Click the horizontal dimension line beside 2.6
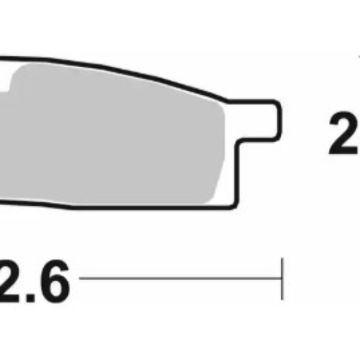click(180, 278)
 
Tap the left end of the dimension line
click(81, 278)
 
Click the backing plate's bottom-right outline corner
click(230, 210)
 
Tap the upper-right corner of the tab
click(278, 103)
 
